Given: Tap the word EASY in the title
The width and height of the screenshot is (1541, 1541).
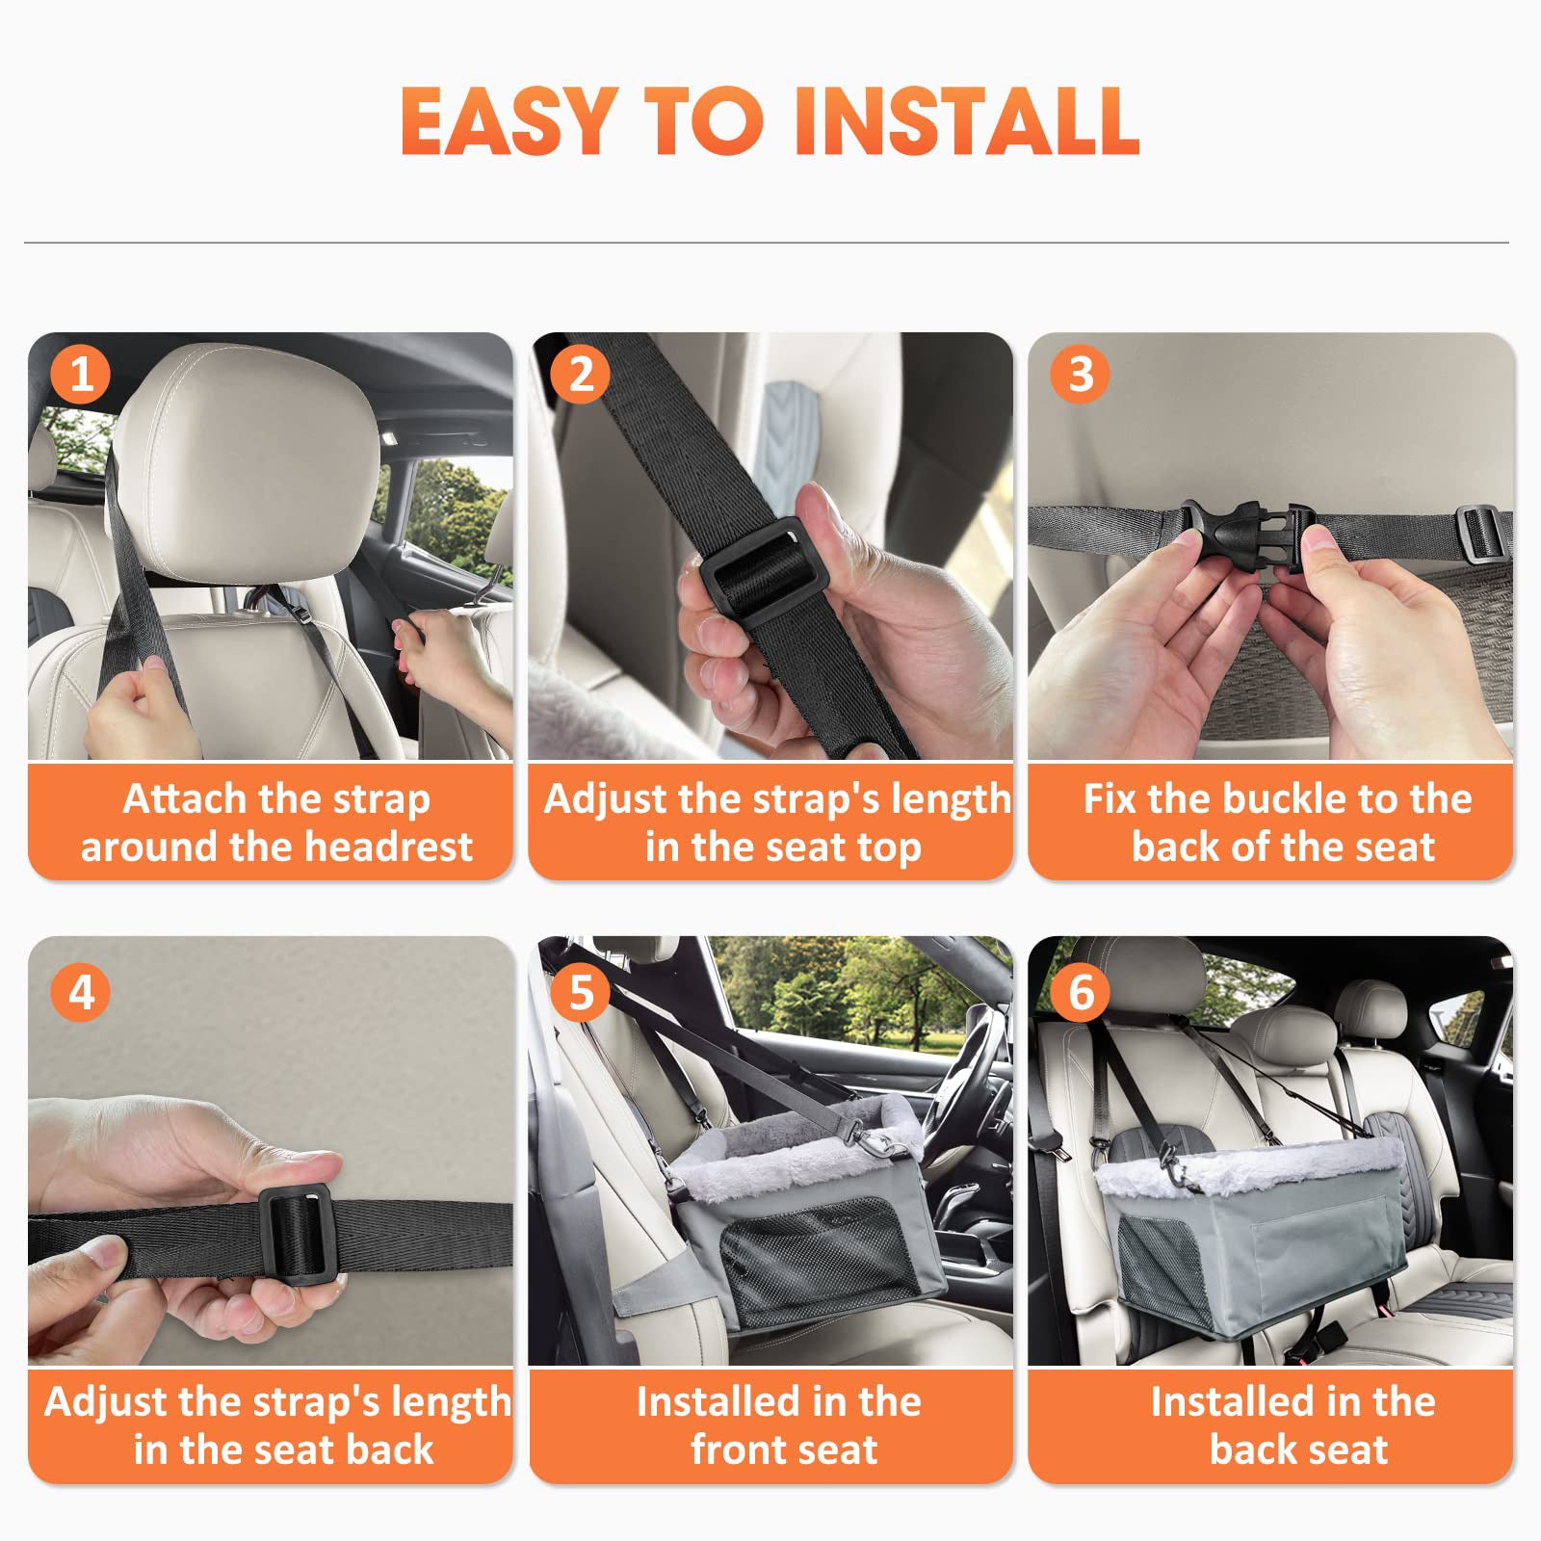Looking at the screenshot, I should pos(509,121).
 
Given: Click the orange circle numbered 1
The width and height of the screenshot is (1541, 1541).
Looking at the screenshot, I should pos(81,374).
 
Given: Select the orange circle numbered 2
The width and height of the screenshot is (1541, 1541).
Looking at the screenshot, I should pos(581,374).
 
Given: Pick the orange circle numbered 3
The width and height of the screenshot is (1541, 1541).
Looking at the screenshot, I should pos(1081,374).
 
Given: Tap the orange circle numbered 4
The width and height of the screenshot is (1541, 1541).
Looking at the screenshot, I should pos(81,992).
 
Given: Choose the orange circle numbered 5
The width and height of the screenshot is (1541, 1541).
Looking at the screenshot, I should pos(581,992).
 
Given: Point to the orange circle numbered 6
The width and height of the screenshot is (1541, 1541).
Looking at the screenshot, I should pos(1081,992).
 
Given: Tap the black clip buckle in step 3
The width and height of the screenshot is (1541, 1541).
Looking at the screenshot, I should pos(1242,535).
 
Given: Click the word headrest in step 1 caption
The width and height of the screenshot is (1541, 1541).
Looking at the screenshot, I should pos(388,848).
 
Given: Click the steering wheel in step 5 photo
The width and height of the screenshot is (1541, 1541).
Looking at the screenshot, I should pos(968,1069).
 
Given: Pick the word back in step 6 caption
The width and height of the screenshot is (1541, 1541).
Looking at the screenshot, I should pos(1250,1450).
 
